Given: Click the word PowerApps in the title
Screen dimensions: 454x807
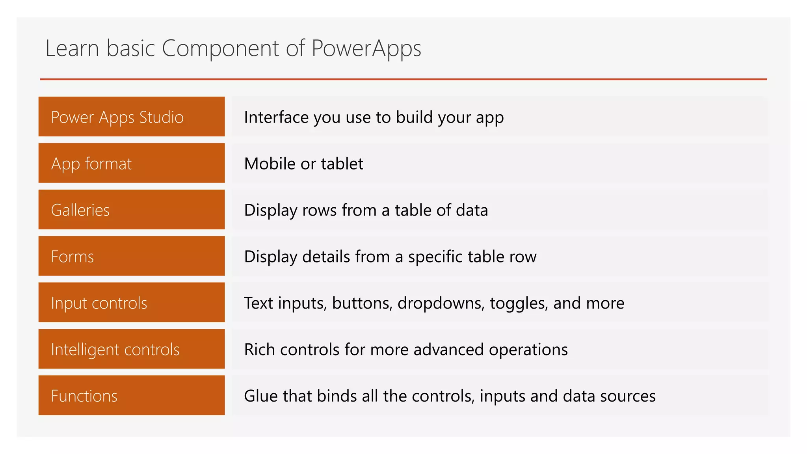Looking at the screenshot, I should tap(366, 49).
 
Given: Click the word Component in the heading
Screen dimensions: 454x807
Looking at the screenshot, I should tap(220, 49).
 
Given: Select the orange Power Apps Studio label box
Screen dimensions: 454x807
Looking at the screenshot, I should tap(132, 117).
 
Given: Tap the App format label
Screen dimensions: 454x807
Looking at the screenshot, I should tap(132, 163).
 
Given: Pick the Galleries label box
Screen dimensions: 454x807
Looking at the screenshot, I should tap(132, 210).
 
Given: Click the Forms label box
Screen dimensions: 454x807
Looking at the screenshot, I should tap(132, 256).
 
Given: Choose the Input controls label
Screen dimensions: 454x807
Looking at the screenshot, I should tap(132, 303).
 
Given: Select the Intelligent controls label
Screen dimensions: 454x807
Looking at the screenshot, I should tap(132, 349).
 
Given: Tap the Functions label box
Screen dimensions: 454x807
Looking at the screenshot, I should tap(132, 395).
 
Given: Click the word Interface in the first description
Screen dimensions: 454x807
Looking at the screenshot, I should tap(276, 117).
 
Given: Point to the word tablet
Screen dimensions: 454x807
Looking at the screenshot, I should tap(342, 164).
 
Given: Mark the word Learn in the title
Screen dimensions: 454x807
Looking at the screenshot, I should tap(72, 49).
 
